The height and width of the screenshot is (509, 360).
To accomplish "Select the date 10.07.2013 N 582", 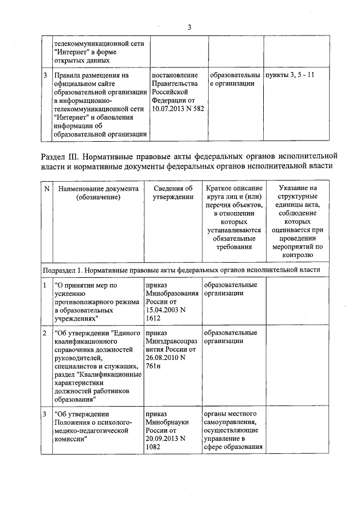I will (177, 109).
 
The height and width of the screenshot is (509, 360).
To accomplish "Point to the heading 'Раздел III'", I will (67, 155).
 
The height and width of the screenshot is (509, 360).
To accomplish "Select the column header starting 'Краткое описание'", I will (234, 217).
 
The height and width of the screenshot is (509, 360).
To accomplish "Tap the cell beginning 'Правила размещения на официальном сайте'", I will (100, 104).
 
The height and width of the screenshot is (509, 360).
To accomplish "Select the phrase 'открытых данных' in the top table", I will (82, 60).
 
